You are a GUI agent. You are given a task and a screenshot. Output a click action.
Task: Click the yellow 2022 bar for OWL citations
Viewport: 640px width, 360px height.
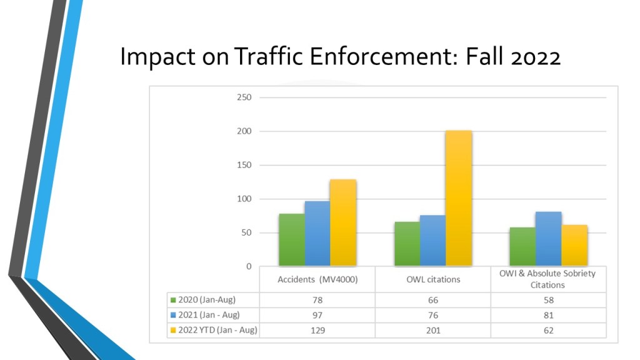pos(459,198)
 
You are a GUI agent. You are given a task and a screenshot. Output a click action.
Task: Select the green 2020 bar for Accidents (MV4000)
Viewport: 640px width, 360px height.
pos(292,240)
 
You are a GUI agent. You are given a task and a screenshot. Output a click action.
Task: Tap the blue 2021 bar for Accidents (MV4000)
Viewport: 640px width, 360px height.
pos(317,234)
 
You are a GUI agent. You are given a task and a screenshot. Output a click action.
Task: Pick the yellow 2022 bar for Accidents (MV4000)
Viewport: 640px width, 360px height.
pos(343,223)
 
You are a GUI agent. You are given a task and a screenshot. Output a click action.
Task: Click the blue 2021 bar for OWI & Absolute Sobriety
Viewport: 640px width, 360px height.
pos(548,239)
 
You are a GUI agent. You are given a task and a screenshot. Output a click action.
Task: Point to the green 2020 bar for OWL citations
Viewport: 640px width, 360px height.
pos(407,244)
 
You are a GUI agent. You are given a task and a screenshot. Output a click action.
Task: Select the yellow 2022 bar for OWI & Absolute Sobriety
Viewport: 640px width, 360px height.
pos(574,246)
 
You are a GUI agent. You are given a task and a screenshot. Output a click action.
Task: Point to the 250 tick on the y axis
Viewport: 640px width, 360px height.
pos(244,97)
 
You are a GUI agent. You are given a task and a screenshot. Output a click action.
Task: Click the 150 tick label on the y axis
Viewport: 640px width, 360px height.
pos(244,165)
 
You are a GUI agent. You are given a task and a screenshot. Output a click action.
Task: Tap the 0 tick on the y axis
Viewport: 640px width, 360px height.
pos(248,266)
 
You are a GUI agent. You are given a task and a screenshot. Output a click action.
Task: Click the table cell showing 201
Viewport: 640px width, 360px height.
pos(432,330)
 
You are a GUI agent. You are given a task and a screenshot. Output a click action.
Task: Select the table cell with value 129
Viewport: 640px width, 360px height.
pos(317,330)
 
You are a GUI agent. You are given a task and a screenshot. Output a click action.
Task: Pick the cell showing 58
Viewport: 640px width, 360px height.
pos(547,300)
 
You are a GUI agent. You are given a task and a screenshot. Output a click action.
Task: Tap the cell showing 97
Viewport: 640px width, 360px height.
pos(317,315)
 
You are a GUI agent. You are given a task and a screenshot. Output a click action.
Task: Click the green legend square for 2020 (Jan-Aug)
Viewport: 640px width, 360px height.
pos(174,300)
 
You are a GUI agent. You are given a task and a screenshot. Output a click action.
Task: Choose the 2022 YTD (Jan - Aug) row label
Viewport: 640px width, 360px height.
pos(217,330)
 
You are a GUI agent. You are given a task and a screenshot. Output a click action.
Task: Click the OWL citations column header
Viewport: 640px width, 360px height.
pos(432,279)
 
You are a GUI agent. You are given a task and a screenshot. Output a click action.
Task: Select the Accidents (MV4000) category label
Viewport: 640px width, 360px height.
pos(317,279)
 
